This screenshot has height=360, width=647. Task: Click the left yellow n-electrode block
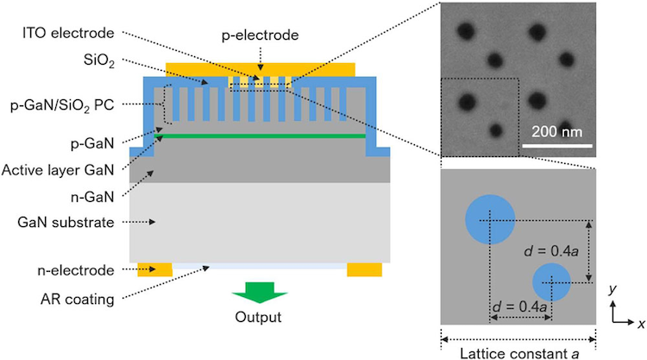pos(155,269)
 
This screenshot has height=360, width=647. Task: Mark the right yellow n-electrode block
pos(364,269)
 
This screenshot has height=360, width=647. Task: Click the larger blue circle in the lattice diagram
pos(491,219)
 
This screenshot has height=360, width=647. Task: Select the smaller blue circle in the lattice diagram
pos(552,282)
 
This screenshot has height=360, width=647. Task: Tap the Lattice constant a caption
pos(517,351)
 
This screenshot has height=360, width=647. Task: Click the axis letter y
pos(612,288)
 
